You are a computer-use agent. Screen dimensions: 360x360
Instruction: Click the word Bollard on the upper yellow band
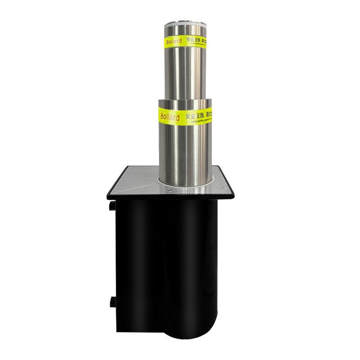173,42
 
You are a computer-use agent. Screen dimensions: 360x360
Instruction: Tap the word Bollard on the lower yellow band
170,117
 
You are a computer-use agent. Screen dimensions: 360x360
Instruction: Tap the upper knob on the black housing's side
111,206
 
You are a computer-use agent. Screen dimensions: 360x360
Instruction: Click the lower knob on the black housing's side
112,301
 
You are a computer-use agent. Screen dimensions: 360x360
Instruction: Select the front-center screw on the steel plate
170,190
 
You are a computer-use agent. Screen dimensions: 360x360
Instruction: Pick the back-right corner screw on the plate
216,169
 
